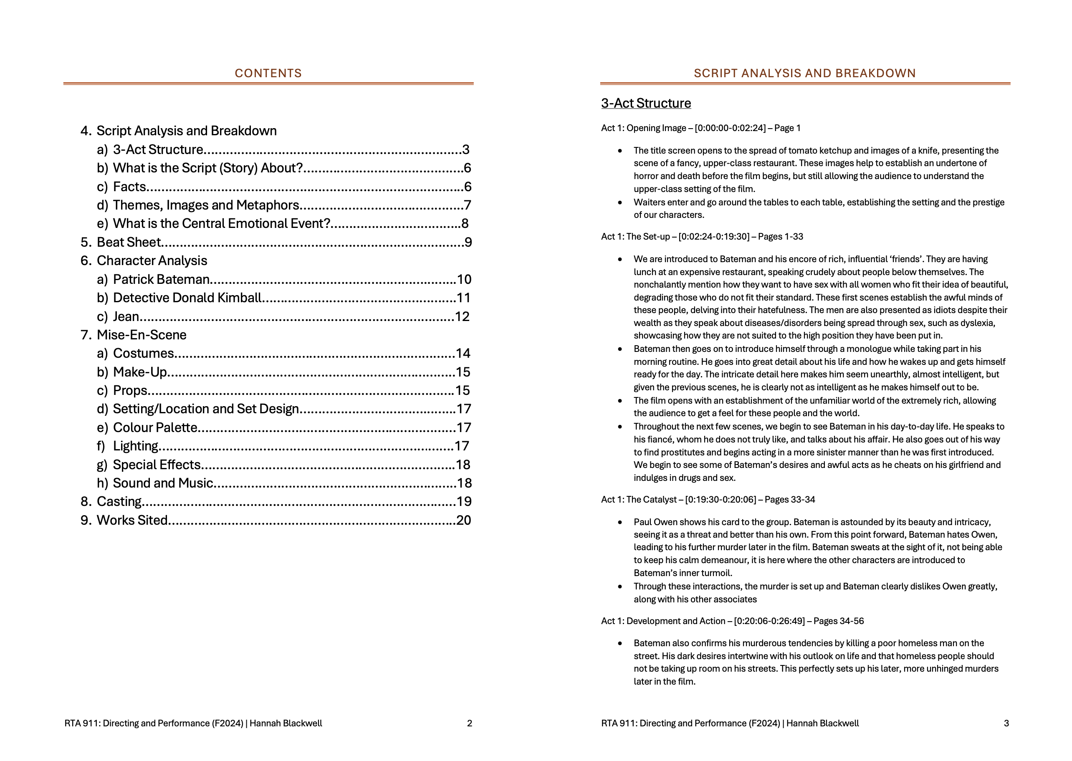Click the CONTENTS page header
tap(268, 73)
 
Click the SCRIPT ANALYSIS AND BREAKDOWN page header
tap(804, 73)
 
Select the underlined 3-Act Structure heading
tap(646, 103)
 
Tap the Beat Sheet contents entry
tap(129, 242)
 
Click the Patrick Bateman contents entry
tap(161, 279)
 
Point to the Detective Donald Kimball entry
tap(187, 298)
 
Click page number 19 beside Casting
tap(464, 501)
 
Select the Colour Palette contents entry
tap(155, 427)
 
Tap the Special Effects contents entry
tap(157, 464)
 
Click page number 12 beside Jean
tap(462, 316)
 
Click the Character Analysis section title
tap(152, 260)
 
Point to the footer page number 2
tap(470, 723)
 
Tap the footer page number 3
tap(1006, 723)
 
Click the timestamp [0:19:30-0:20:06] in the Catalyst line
tap(720, 500)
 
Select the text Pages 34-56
tap(838, 621)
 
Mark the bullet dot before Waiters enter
tap(620, 202)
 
